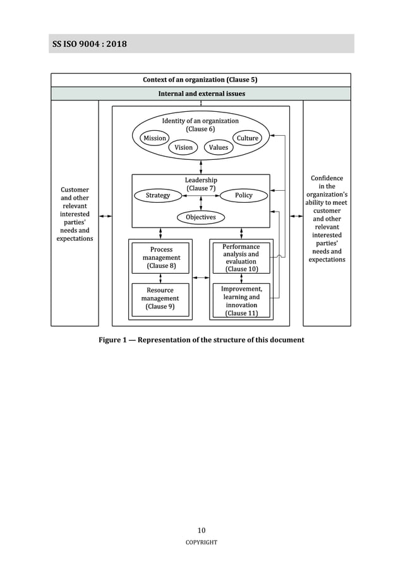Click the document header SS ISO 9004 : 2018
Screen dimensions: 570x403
pos(90,44)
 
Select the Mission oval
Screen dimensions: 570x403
pos(155,138)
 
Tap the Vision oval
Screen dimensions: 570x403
pos(184,147)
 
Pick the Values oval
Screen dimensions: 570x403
pos(219,147)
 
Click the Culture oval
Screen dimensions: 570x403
pos(248,138)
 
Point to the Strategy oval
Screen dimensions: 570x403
pos(158,195)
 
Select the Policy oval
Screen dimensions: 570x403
pos(243,195)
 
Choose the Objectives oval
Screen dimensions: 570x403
pos(201,217)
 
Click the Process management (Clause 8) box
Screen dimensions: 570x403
pos(161,258)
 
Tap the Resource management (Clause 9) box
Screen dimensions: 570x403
pos(160,298)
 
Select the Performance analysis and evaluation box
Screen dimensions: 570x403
pos(241,258)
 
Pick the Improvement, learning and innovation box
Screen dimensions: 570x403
pos(241,301)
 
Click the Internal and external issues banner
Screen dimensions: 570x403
pos(201,94)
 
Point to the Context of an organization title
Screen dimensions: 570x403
pos(200,80)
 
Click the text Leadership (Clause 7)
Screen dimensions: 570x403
pos(201,184)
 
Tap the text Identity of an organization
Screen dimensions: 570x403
pos(200,121)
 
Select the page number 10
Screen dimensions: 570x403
pos(201,530)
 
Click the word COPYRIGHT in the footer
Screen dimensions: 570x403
pos(201,542)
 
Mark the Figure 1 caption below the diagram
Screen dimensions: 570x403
pos(201,340)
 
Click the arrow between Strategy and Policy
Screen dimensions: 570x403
pos(201,196)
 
